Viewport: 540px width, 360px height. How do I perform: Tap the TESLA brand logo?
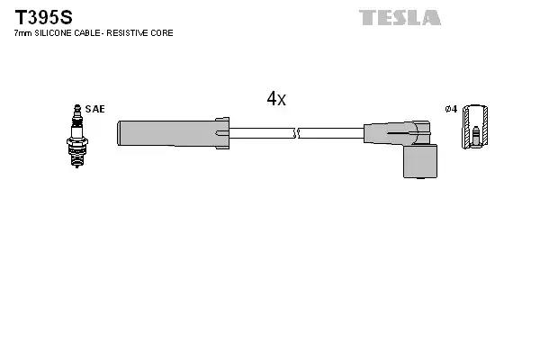(400, 17)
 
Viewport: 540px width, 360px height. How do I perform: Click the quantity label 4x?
(276, 99)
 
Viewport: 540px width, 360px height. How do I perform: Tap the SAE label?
(94, 109)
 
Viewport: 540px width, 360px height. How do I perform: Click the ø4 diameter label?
(452, 109)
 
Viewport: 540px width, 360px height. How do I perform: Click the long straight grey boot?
(166, 132)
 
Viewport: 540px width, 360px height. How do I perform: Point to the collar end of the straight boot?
(222, 132)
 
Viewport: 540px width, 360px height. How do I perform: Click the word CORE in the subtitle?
(162, 33)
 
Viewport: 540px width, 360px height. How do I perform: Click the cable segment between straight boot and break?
(261, 133)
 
